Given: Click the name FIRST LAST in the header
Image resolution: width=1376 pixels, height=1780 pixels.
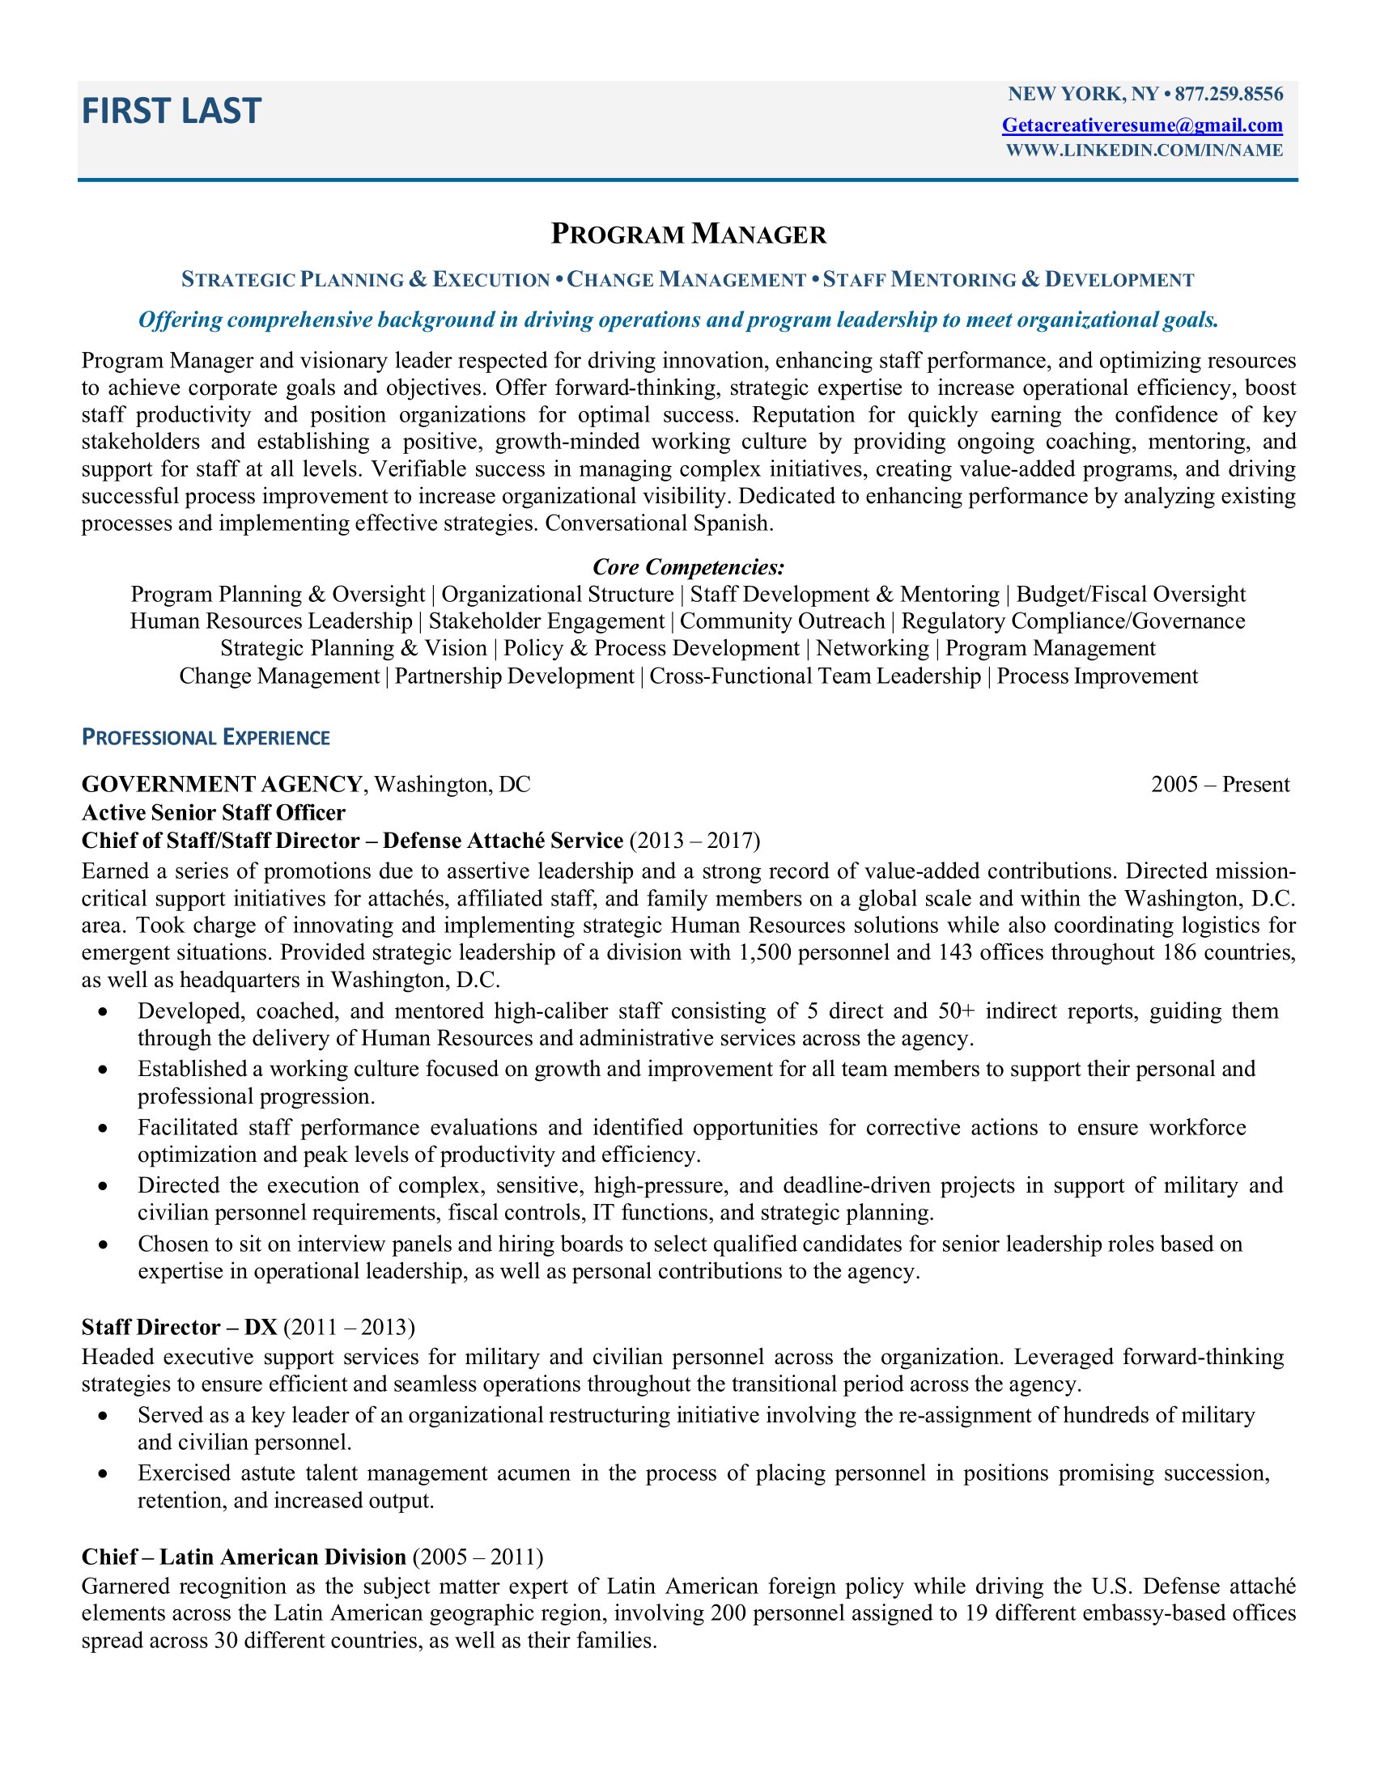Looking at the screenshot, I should [x=171, y=111].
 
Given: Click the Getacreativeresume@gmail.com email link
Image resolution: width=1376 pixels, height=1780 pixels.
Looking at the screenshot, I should [x=1142, y=125].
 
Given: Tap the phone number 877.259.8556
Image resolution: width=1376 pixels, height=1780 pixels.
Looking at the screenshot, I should [x=1229, y=95].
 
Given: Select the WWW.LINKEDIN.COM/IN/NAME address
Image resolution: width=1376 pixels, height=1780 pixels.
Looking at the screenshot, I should [x=1144, y=150].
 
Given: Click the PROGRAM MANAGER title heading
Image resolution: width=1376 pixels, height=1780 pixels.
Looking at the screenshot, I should [x=688, y=235].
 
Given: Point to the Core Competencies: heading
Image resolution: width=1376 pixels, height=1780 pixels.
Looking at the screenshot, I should [x=688, y=566].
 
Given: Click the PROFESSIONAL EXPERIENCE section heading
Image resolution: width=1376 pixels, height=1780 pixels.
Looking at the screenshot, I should [x=206, y=738].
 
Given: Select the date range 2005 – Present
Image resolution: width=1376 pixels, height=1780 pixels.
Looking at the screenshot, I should [x=1220, y=784].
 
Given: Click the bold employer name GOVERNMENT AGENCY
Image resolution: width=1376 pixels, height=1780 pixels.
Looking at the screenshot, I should [x=222, y=784].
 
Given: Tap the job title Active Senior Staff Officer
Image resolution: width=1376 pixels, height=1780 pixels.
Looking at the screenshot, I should [x=214, y=812].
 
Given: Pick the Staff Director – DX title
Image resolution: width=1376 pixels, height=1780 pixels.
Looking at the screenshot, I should [x=180, y=1327].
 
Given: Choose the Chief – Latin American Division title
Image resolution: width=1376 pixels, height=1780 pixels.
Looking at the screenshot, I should [x=244, y=1557].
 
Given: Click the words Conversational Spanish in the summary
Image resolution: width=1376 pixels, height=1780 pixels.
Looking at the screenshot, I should [x=658, y=523].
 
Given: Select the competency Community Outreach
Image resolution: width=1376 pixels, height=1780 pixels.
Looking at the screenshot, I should [x=782, y=621].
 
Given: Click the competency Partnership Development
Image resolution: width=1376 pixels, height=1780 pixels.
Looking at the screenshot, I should [x=513, y=676].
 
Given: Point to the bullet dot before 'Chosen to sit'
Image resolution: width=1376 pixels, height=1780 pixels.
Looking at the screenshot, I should [x=103, y=1244].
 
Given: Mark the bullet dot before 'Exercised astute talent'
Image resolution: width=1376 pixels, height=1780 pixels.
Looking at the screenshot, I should [x=103, y=1473].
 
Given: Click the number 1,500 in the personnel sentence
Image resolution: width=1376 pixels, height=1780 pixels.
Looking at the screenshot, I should [x=765, y=953].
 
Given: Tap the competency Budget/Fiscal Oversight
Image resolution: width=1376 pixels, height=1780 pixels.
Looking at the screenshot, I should [x=1131, y=594].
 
